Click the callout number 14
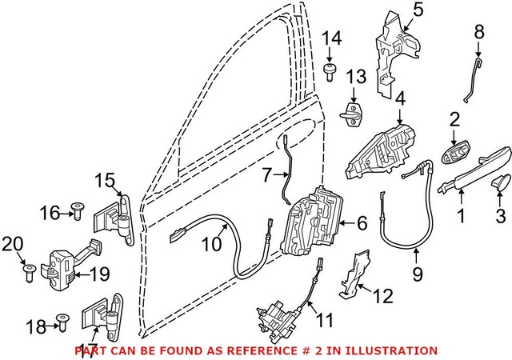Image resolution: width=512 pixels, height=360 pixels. point(331,38)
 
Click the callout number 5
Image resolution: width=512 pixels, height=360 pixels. point(417,11)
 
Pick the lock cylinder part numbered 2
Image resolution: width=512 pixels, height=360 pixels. point(458,152)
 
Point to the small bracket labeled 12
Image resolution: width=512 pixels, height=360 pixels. point(354,276)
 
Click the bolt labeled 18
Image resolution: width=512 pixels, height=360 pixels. point(62,324)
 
